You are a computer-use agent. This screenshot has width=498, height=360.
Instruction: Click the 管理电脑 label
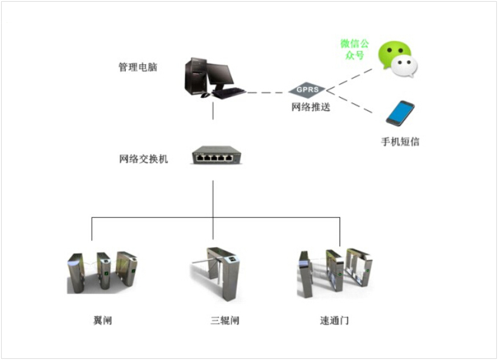tap(138, 67)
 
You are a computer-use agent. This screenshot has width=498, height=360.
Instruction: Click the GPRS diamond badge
tap(308, 90)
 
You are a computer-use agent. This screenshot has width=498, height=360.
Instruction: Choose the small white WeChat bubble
tap(404, 66)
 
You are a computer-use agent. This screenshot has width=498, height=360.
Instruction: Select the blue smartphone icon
tap(400, 114)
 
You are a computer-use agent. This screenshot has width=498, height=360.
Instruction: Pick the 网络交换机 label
tap(143, 160)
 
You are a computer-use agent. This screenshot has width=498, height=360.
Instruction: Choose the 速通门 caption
tap(335, 320)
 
